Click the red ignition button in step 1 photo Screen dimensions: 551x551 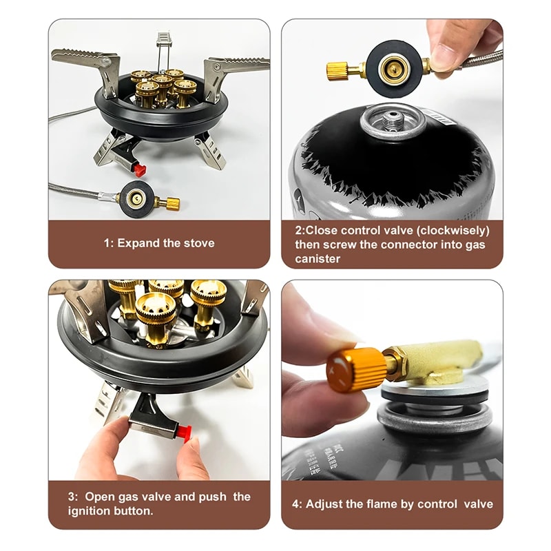pyautogui.click(x=141, y=169)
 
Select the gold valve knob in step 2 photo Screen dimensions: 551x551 pyautogui.click(x=338, y=70)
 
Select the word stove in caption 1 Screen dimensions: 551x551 pyautogui.click(x=200, y=243)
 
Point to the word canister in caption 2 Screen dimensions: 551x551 pyautogui.click(x=318, y=259)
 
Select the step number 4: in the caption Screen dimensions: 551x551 pyautogui.click(x=297, y=503)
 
